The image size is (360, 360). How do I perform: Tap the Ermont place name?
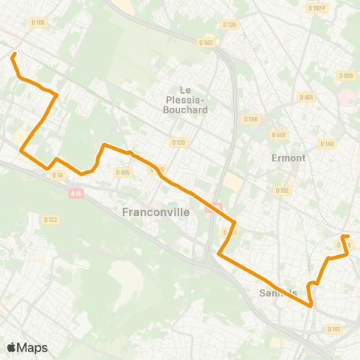tap(288, 158)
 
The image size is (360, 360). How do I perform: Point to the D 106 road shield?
tap(38, 22)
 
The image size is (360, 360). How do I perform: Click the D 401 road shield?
tap(306, 97)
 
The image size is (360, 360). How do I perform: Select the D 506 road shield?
tap(251, 118)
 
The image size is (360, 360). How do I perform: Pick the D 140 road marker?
tap(327, 143)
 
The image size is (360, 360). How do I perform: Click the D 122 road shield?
tap(51, 219)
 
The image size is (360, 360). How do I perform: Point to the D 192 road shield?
tap(282, 190)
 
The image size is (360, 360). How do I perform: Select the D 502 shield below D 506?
tap(279, 135)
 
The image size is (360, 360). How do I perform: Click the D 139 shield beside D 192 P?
tap(229, 25)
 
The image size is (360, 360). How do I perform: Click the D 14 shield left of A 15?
tap(58, 175)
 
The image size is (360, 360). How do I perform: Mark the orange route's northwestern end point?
tap(13, 55)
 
